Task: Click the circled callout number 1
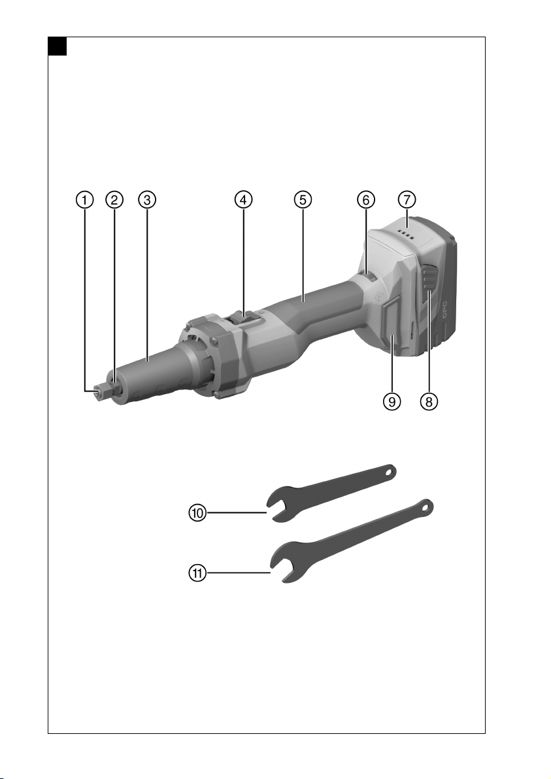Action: coord(84,200)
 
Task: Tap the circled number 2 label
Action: coord(114,200)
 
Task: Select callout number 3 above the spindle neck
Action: coord(147,200)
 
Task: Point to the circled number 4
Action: coord(243,200)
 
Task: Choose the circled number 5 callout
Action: coord(303,200)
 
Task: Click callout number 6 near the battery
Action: coord(365,200)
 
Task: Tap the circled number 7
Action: coord(407,200)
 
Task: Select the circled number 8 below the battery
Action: coord(429,401)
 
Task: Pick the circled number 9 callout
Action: coord(392,401)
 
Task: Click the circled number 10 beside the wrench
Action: coord(198,512)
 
